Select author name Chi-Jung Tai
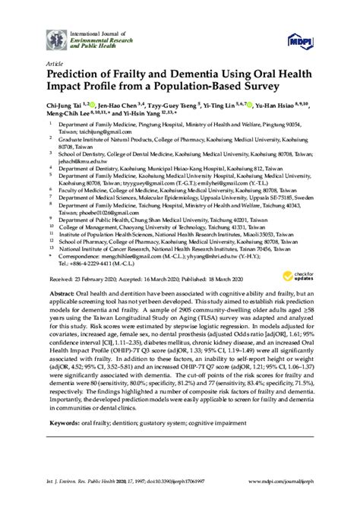pyautogui.click(x=65, y=109)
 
